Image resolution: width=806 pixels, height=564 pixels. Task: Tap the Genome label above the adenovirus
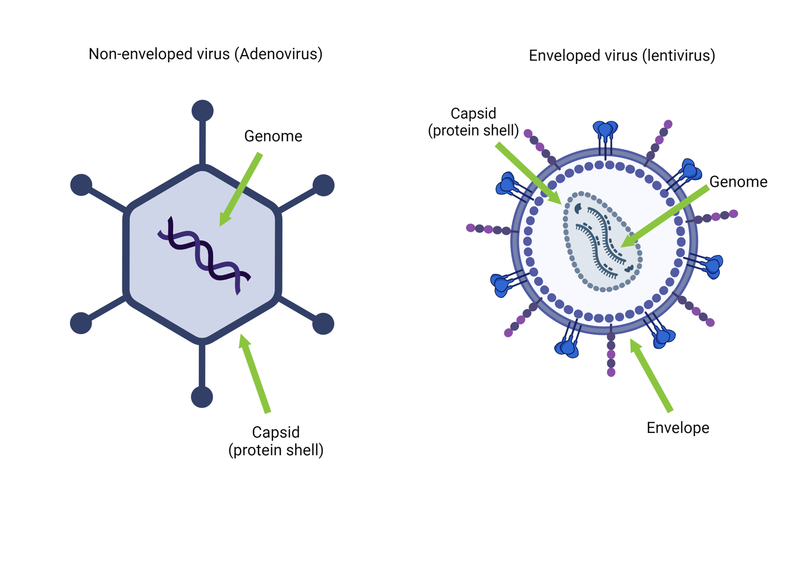click(x=273, y=136)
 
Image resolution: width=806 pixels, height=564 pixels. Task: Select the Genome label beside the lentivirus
click(x=738, y=182)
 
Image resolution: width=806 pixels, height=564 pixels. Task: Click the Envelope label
click(x=678, y=428)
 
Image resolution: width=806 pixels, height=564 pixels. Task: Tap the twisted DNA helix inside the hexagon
click(x=205, y=255)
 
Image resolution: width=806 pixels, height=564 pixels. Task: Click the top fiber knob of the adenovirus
click(x=202, y=111)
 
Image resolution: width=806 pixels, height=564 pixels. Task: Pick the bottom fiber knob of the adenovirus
click(x=202, y=397)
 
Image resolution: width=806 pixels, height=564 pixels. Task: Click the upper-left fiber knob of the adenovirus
click(x=81, y=185)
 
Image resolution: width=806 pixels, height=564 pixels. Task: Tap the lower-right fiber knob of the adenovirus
click(x=323, y=323)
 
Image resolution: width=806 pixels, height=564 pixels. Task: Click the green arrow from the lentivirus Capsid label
click(x=528, y=172)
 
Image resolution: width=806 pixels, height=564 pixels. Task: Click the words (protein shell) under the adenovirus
click(x=276, y=450)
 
